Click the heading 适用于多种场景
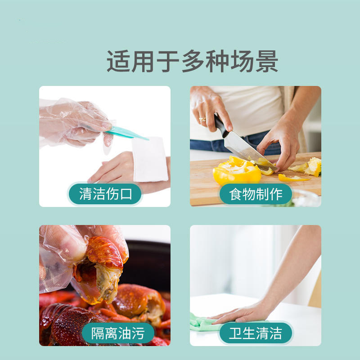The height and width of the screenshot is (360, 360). coord(192,62)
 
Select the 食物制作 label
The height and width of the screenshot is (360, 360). coord(255,194)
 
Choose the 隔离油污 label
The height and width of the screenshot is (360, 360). coord(118,333)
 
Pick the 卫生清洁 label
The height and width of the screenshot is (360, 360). coord(255,333)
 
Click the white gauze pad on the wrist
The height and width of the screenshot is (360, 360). coord(150,159)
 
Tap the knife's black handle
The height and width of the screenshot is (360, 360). coord(221,126)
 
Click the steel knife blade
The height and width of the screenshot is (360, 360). coord(245,148)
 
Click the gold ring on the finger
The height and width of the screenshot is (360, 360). coord(202,119)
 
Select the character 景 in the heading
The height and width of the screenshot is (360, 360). coord(265,62)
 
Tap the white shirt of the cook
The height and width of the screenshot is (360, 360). coord(252,108)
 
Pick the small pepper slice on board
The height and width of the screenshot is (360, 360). coord(292,178)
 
